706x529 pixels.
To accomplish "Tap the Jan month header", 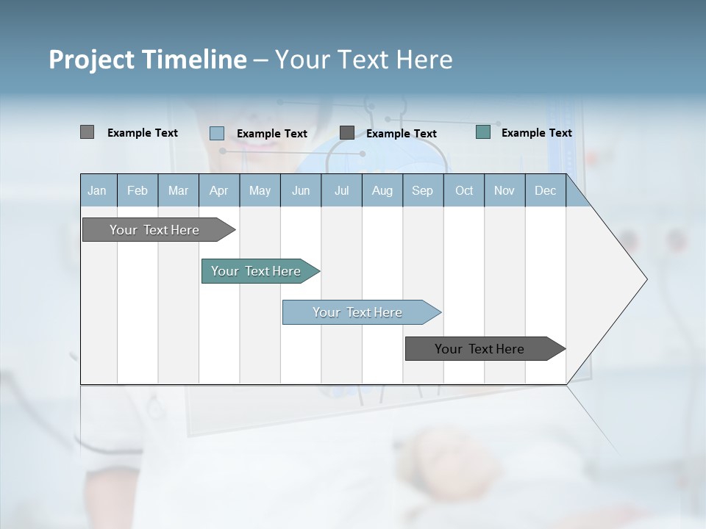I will tap(97, 190).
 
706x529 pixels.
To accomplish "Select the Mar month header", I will tap(178, 190).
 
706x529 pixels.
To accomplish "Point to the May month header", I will tap(260, 190).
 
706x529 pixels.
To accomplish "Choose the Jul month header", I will tap(341, 190).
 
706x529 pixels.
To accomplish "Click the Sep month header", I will tap(422, 190).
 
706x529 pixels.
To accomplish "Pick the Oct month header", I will tap(464, 190).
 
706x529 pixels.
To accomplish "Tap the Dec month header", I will tap(545, 190).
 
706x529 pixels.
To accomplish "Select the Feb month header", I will tap(138, 190).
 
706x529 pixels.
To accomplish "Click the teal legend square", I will tap(483, 132).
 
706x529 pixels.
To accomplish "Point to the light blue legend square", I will tap(217, 133).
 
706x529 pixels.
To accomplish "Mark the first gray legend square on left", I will tap(87, 132).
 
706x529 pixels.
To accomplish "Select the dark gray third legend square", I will tap(347, 132).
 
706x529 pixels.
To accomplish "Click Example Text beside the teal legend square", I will tap(536, 133).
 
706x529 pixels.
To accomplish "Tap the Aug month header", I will tap(382, 190).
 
